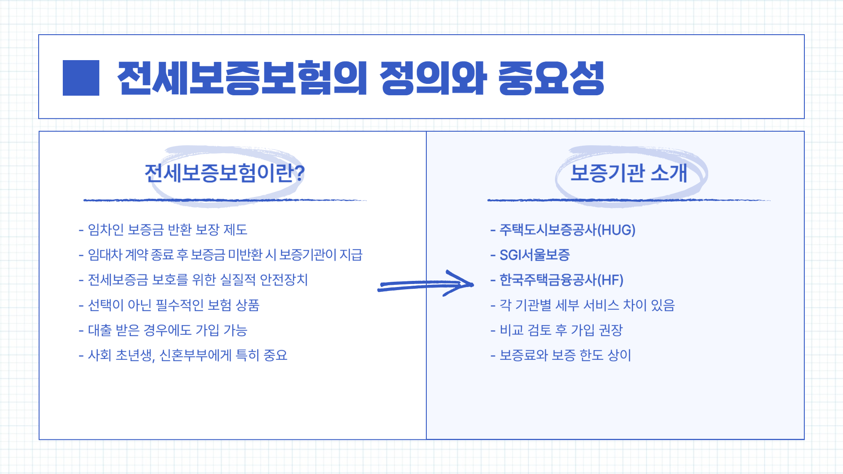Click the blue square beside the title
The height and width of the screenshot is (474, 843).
(x=81, y=78)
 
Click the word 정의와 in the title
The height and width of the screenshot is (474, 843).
(x=433, y=78)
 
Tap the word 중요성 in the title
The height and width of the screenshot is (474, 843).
(x=551, y=78)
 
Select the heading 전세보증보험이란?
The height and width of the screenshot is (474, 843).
(x=224, y=173)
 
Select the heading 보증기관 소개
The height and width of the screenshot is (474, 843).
(x=629, y=173)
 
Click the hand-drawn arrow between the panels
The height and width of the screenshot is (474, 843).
(x=426, y=284)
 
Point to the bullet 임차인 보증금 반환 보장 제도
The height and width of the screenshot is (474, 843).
(x=167, y=230)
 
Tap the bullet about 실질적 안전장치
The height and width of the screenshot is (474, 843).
(x=198, y=280)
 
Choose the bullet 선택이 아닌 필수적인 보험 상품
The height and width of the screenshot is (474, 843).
(x=173, y=305)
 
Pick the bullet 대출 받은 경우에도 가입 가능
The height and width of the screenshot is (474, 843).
(x=167, y=330)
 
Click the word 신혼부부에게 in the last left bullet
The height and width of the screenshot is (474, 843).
(x=195, y=355)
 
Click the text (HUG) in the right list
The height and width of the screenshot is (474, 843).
(x=616, y=230)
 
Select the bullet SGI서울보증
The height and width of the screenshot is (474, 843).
(x=534, y=255)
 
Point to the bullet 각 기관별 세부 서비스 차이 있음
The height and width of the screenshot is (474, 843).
(x=587, y=305)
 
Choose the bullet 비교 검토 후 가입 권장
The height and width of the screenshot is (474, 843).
(x=561, y=330)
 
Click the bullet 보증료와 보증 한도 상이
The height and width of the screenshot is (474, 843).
(x=565, y=355)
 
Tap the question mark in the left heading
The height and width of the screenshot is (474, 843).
(x=299, y=173)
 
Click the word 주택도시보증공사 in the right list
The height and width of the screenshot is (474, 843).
(x=548, y=230)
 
